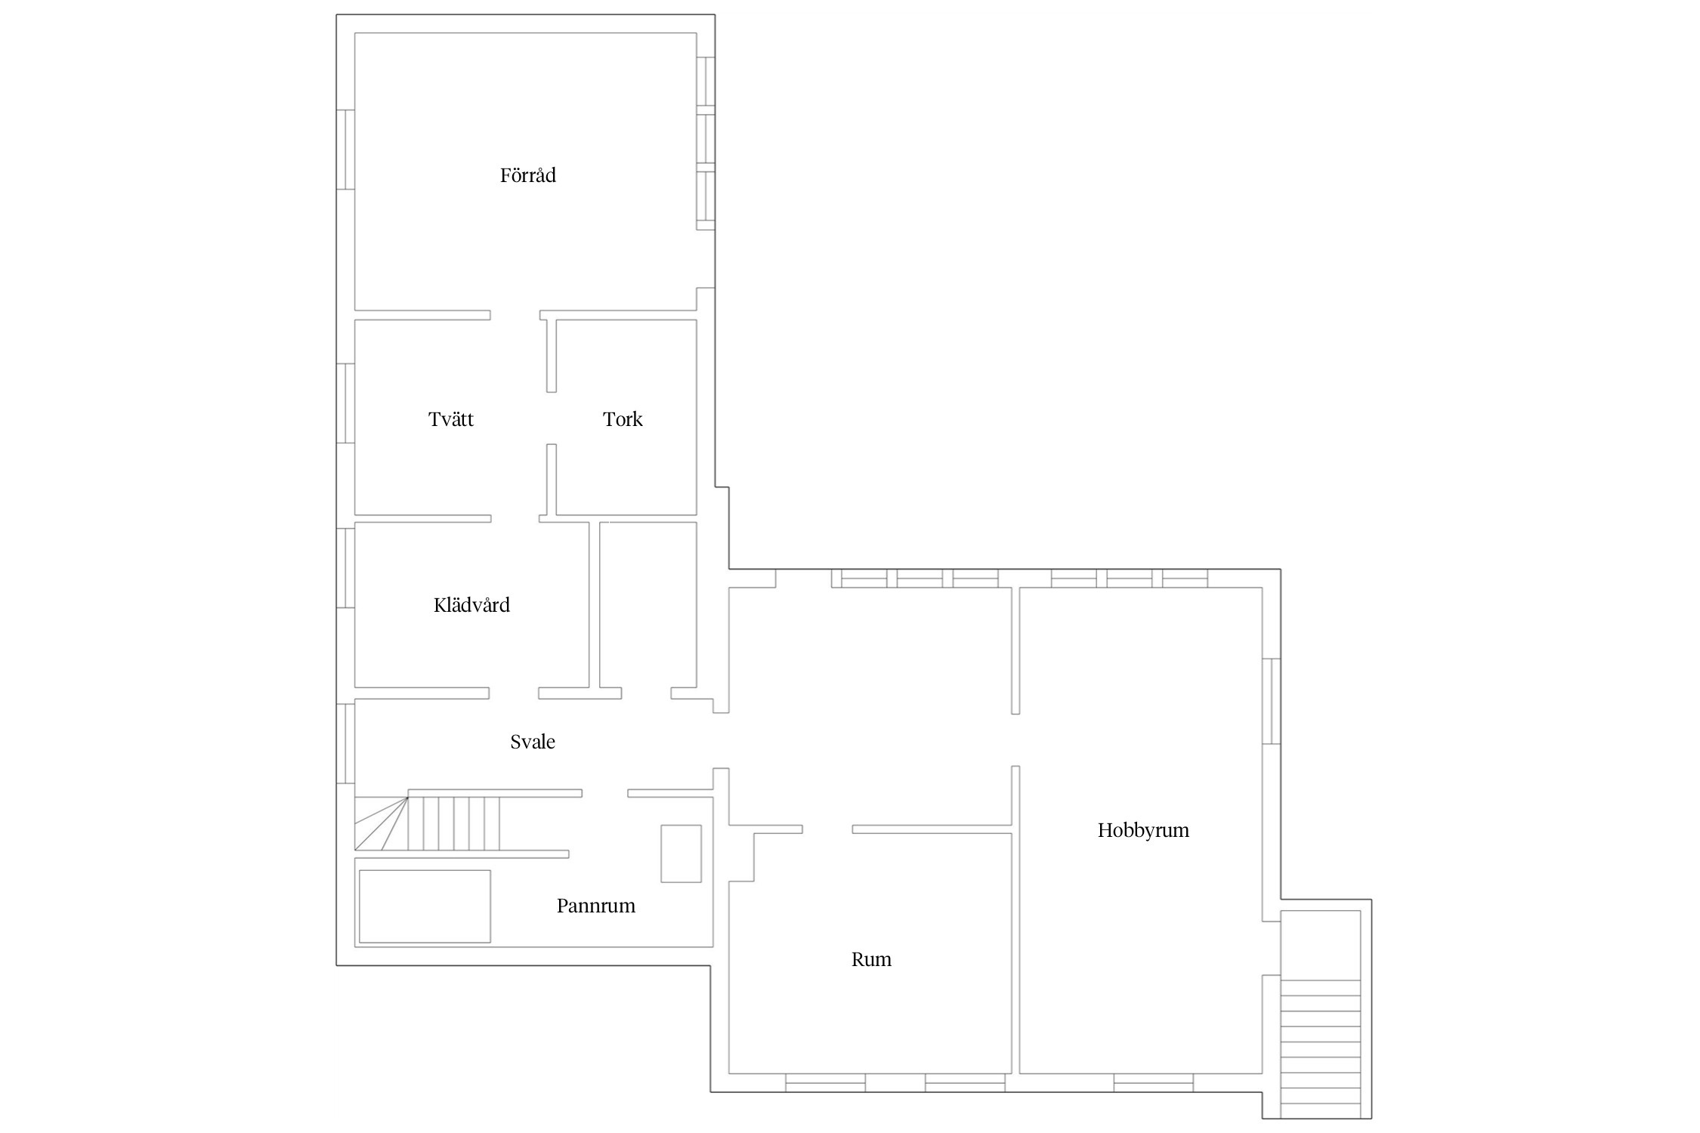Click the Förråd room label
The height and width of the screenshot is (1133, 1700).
coord(527,175)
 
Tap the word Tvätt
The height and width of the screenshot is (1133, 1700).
coord(451,419)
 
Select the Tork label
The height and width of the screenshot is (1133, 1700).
coord(623,419)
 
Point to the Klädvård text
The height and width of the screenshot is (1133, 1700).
coord(471,605)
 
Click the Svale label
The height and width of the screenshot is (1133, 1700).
coord(533,742)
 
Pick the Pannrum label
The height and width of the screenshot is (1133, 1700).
coord(596,906)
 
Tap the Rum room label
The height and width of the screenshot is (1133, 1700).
coord(871,959)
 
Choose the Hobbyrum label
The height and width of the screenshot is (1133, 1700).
coord(1143,830)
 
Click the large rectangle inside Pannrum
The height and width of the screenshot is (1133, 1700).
coord(425,906)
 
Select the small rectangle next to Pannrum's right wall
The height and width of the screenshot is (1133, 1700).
coord(681,854)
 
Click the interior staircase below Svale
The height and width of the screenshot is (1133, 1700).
coord(428,823)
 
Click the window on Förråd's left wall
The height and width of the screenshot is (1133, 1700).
coord(345,150)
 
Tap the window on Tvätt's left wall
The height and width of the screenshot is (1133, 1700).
coord(345,403)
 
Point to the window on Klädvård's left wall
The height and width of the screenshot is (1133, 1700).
coord(345,568)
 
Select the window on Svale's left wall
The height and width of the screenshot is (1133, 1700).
coord(345,743)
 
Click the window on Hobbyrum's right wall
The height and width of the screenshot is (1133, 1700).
coord(1272,701)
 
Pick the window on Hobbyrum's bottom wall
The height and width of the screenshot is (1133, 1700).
coord(1154,1082)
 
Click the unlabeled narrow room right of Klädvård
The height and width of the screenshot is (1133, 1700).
coord(648,604)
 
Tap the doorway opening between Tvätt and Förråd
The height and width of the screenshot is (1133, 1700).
coord(515,315)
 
